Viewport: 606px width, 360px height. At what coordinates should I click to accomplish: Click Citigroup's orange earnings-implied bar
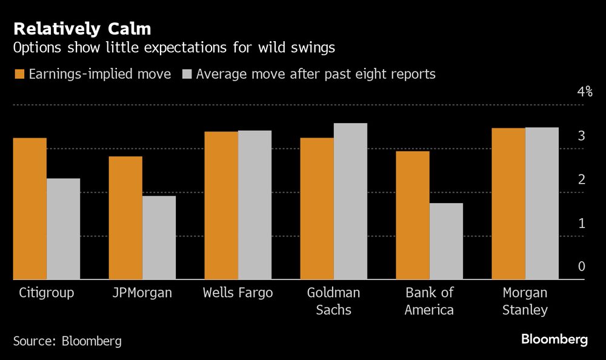coord(30,208)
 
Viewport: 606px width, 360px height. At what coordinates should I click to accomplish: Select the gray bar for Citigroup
coord(63,228)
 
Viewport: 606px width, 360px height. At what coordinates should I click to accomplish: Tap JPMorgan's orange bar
coord(125,218)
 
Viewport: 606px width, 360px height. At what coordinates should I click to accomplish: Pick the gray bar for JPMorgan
coord(159,238)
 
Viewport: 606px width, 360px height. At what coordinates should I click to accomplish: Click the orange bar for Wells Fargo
coord(221,205)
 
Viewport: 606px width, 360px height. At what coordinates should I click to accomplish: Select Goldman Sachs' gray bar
coord(350,201)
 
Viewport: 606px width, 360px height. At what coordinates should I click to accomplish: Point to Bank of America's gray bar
coord(446,241)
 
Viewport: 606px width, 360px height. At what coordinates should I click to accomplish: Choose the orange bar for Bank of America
coord(413,215)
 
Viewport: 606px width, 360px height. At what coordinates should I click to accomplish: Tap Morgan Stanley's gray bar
coord(542,204)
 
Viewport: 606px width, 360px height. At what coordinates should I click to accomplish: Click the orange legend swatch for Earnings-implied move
coord(18,75)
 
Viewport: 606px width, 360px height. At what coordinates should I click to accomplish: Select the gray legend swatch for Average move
coord(186,75)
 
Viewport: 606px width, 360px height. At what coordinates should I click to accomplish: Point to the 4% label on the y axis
coord(584,92)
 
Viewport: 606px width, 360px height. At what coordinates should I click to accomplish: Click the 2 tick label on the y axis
coord(581,180)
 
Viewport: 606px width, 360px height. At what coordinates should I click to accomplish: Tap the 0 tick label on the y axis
coord(581,267)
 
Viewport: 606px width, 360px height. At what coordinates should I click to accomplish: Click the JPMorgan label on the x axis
coord(142,293)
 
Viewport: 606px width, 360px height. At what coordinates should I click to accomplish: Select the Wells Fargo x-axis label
coord(238,293)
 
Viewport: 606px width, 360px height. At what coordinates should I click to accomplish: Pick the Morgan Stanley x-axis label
coord(525,301)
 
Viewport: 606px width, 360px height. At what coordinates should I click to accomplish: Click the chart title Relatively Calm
coord(82,28)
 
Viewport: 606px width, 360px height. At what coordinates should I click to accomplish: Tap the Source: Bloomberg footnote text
coord(67,341)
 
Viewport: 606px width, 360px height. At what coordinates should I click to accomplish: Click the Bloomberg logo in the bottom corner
coord(554,339)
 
